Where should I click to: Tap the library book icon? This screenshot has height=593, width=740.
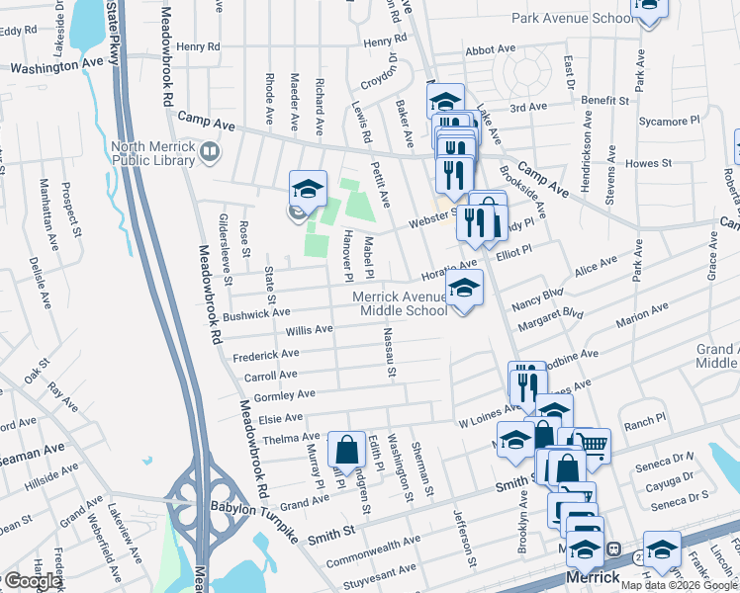[x=209, y=152]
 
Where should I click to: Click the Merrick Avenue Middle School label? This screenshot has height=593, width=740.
[x=404, y=303]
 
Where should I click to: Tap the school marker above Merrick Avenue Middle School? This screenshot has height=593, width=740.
[x=463, y=288]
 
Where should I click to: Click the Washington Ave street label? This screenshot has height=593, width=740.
[x=56, y=65]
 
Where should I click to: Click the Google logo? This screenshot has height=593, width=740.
[x=32, y=581]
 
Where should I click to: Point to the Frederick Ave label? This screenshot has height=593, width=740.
[x=264, y=354]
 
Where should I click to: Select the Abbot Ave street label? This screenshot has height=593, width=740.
[x=490, y=49]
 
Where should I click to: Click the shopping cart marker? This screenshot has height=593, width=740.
[x=593, y=445]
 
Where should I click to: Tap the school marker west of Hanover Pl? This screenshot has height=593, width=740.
[x=308, y=189]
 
